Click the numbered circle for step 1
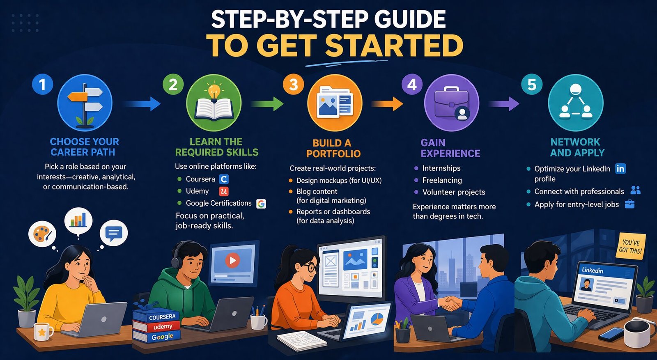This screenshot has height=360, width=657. click(43, 85)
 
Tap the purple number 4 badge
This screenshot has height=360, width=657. click(412, 85)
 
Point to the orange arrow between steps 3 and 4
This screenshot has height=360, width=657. click(387, 104)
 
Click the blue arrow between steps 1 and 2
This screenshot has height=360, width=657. click(142, 104)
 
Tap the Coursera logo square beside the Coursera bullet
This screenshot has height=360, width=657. click(224, 179)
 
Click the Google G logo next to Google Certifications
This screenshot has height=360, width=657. click(261, 204)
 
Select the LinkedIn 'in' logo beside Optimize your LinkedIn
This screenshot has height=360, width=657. click(620, 169)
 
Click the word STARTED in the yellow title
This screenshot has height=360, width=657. click(394, 46)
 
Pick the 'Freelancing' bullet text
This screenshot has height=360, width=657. click(442, 180)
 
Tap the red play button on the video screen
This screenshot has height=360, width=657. click(232, 260)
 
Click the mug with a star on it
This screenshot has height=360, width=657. click(43, 332)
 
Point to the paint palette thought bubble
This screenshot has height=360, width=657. click(42, 234)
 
